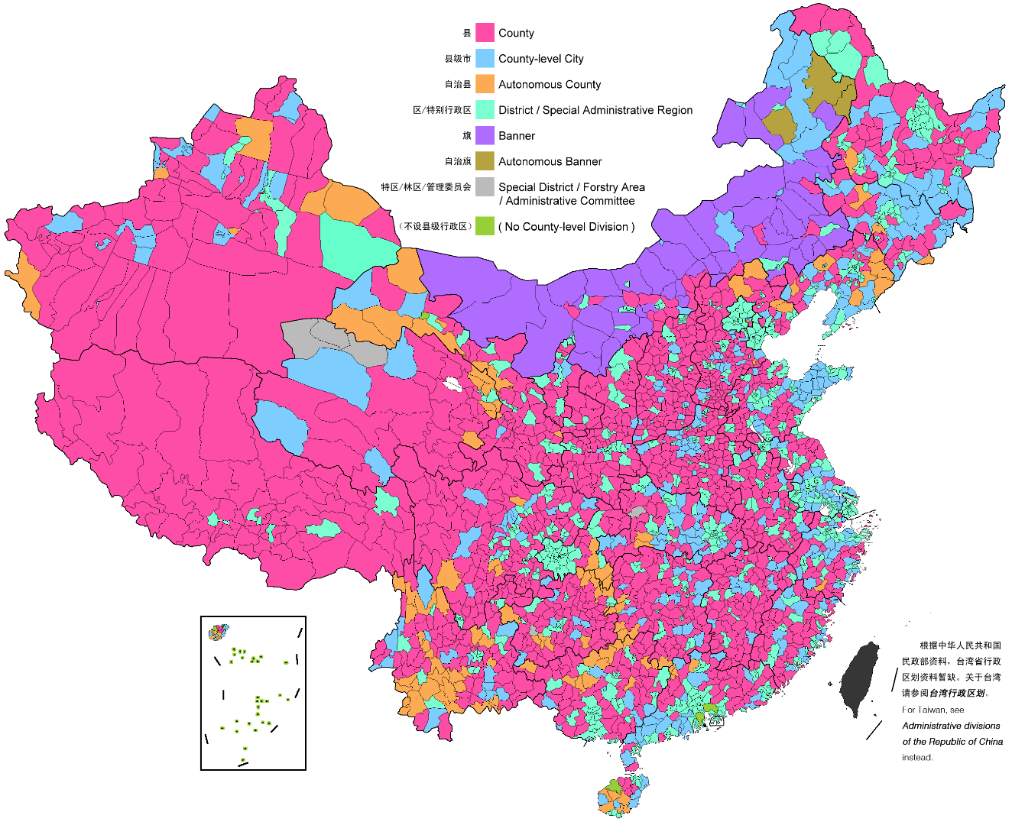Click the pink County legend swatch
485,33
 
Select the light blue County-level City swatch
485,59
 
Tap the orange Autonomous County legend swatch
485,84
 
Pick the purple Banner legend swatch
485,136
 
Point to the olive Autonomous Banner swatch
485,161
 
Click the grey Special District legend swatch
485,187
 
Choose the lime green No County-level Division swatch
485,227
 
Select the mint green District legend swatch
485,110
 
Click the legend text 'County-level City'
540,59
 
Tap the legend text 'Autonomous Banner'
550,162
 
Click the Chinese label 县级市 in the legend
458,59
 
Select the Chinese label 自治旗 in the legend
458,162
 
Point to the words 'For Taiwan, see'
933,710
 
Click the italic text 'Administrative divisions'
951,726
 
